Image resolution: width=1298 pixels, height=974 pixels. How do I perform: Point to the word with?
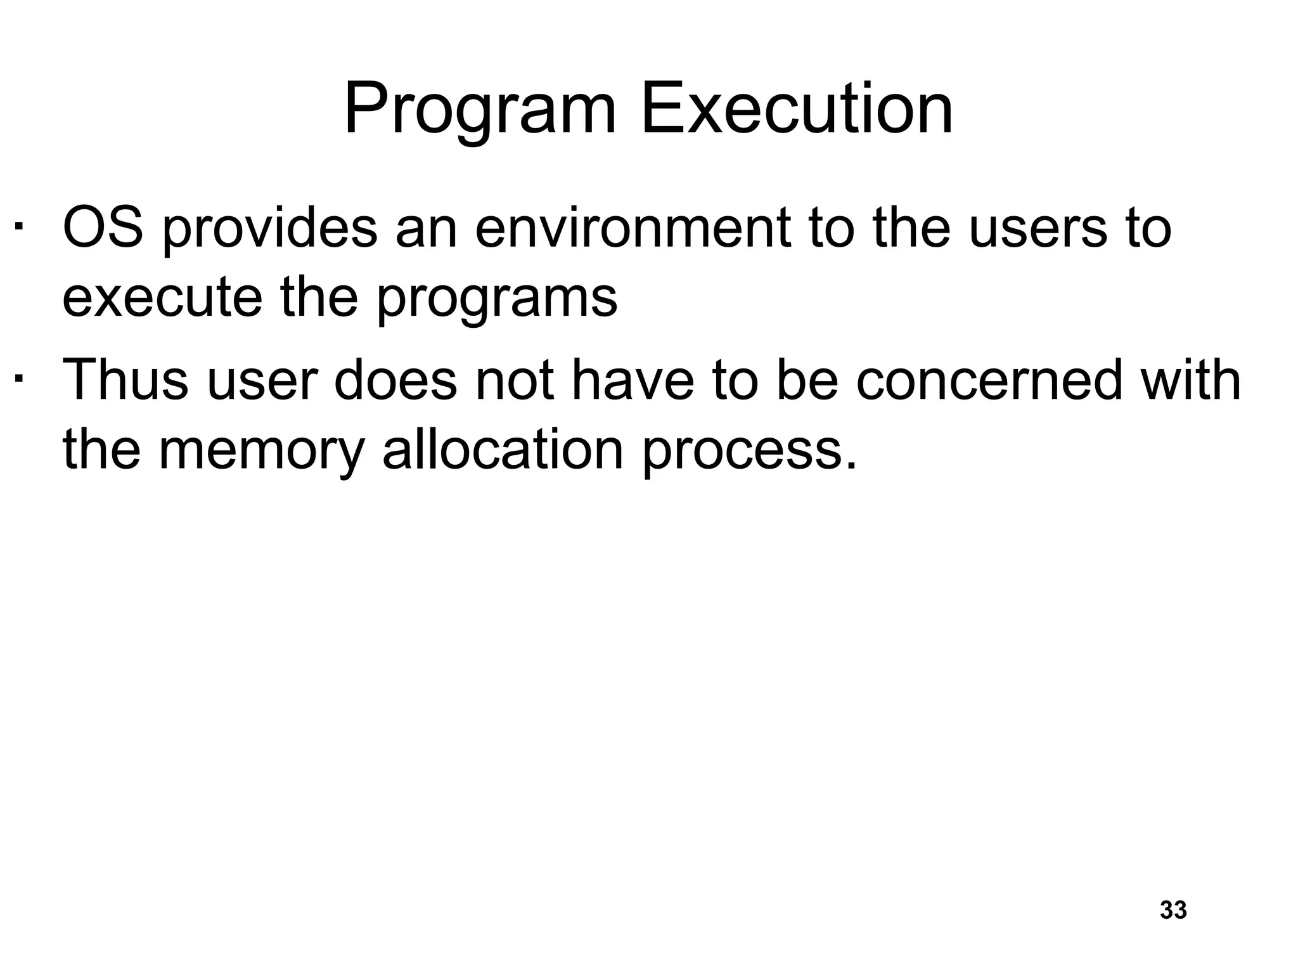(1192, 380)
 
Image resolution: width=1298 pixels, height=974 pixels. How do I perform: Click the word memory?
(261, 451)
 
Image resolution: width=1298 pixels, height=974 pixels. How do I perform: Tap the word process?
(749, 451)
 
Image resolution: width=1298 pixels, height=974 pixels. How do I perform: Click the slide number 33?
(1173, 910)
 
